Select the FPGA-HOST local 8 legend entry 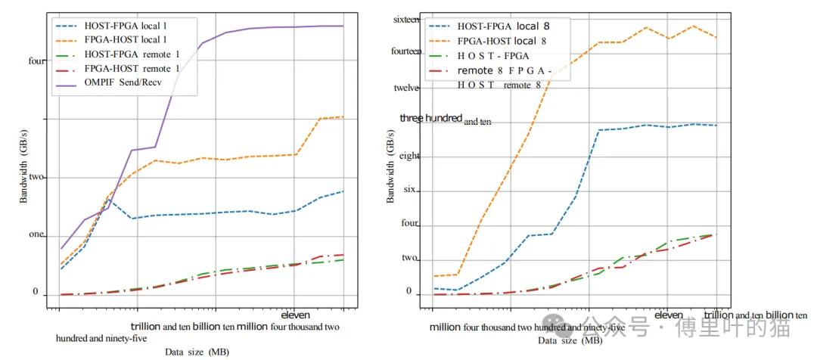pos(503,40)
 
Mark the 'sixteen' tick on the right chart pos(406,20)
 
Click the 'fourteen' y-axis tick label pos(406,52)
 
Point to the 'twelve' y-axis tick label pos(406,88)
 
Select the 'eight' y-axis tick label pos(408,156)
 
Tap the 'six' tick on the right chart pos(409,189)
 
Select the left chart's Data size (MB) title pos(197,352)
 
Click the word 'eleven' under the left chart pos(295,315)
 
